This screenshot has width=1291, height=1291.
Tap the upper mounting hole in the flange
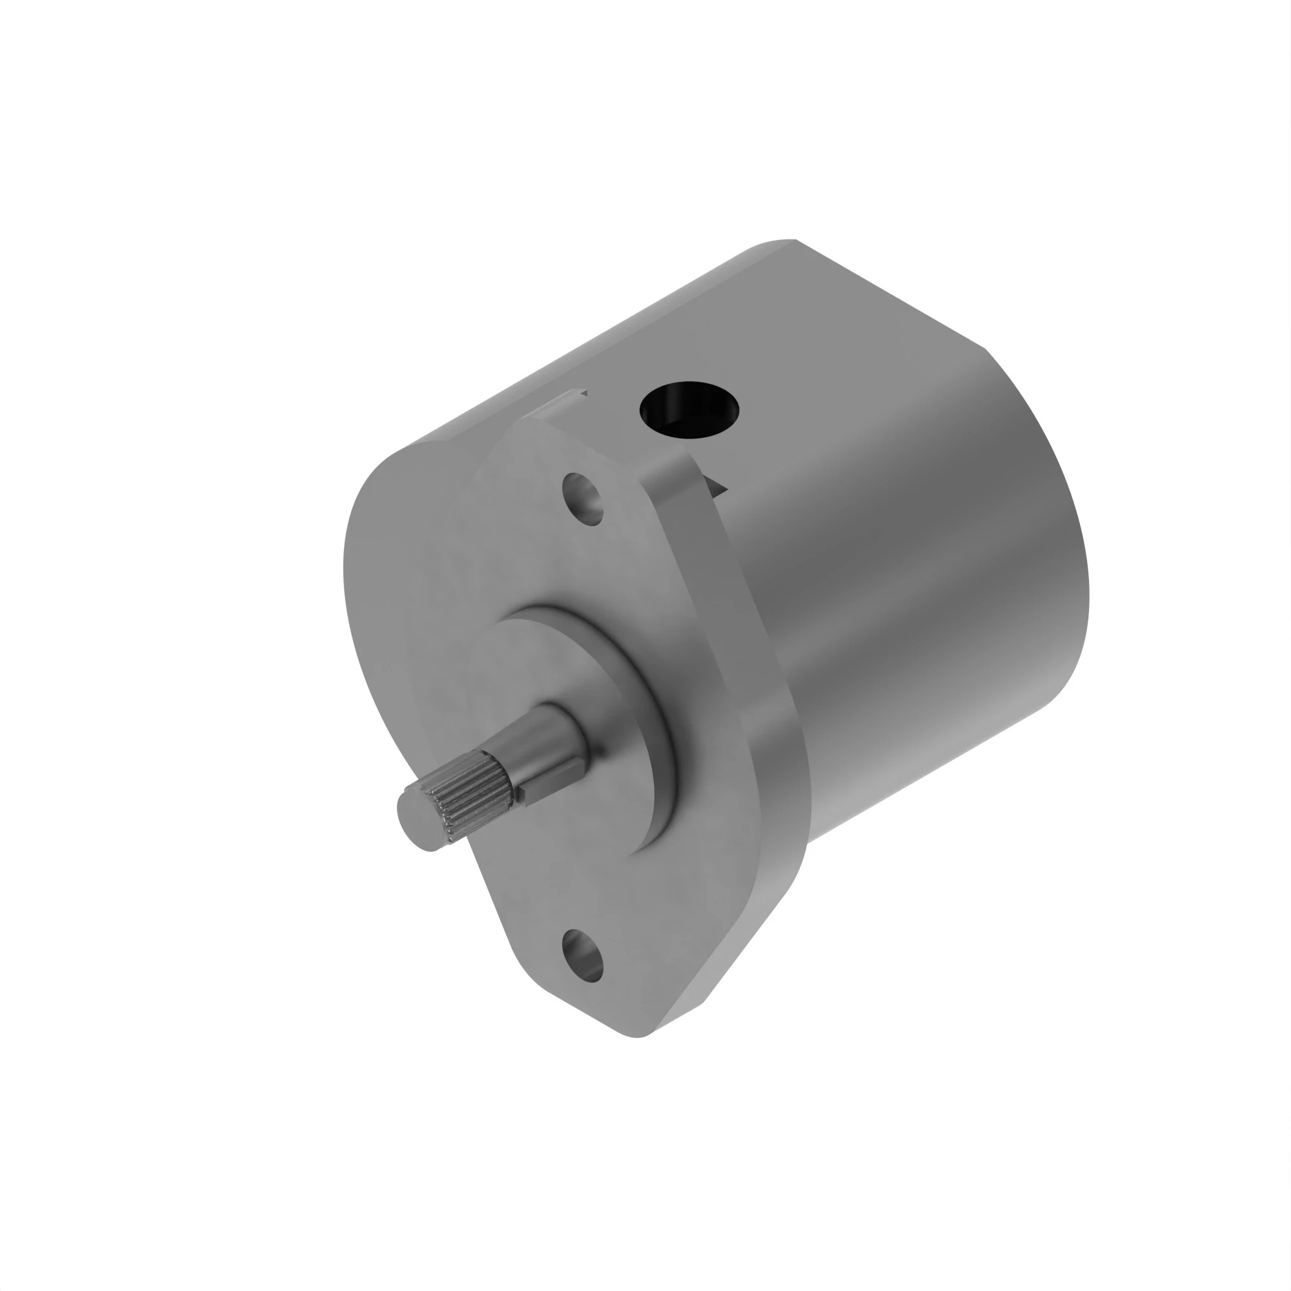583,498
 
